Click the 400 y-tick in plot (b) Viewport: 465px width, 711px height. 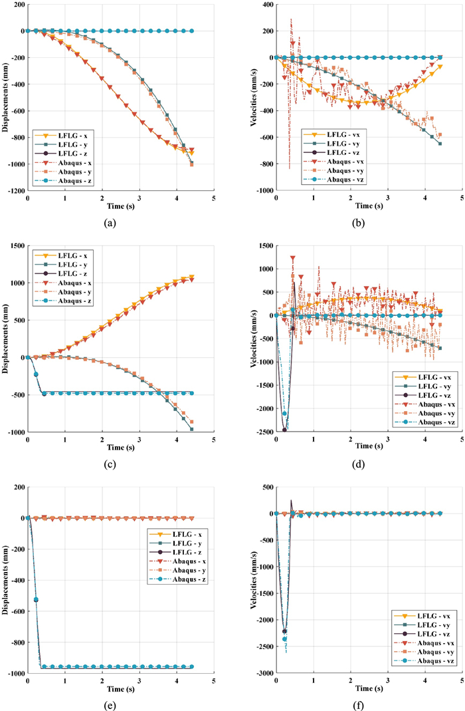point(264,5)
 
